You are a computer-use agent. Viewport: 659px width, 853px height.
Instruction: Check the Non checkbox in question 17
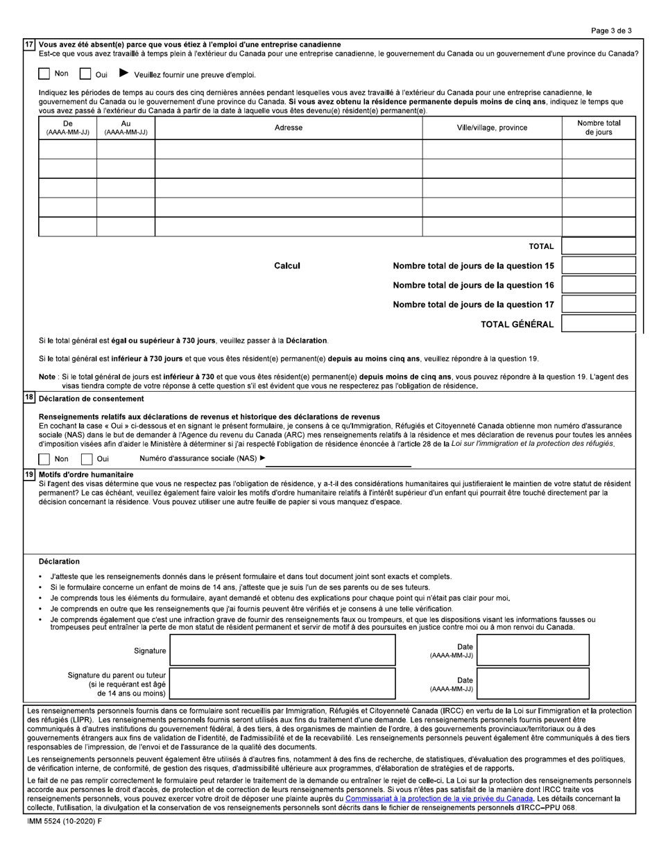44,74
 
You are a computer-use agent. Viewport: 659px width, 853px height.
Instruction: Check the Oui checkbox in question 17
85,74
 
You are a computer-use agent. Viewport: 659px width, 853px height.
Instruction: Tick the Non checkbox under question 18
44,458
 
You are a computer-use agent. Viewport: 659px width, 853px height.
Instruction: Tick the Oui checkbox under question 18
87,458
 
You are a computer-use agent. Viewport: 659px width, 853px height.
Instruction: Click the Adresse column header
289,128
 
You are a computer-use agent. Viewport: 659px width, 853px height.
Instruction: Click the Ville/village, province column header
492,128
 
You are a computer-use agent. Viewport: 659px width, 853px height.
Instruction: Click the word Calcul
287,266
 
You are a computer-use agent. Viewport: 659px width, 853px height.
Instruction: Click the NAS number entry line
338,459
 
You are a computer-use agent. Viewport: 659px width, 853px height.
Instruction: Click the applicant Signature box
283,650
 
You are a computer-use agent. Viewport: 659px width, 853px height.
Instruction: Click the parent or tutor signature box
283,683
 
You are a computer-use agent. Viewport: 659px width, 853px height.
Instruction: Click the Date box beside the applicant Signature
533,650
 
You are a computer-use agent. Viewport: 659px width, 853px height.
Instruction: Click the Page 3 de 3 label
611,31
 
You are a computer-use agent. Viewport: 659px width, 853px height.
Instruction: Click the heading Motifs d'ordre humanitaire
86,474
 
